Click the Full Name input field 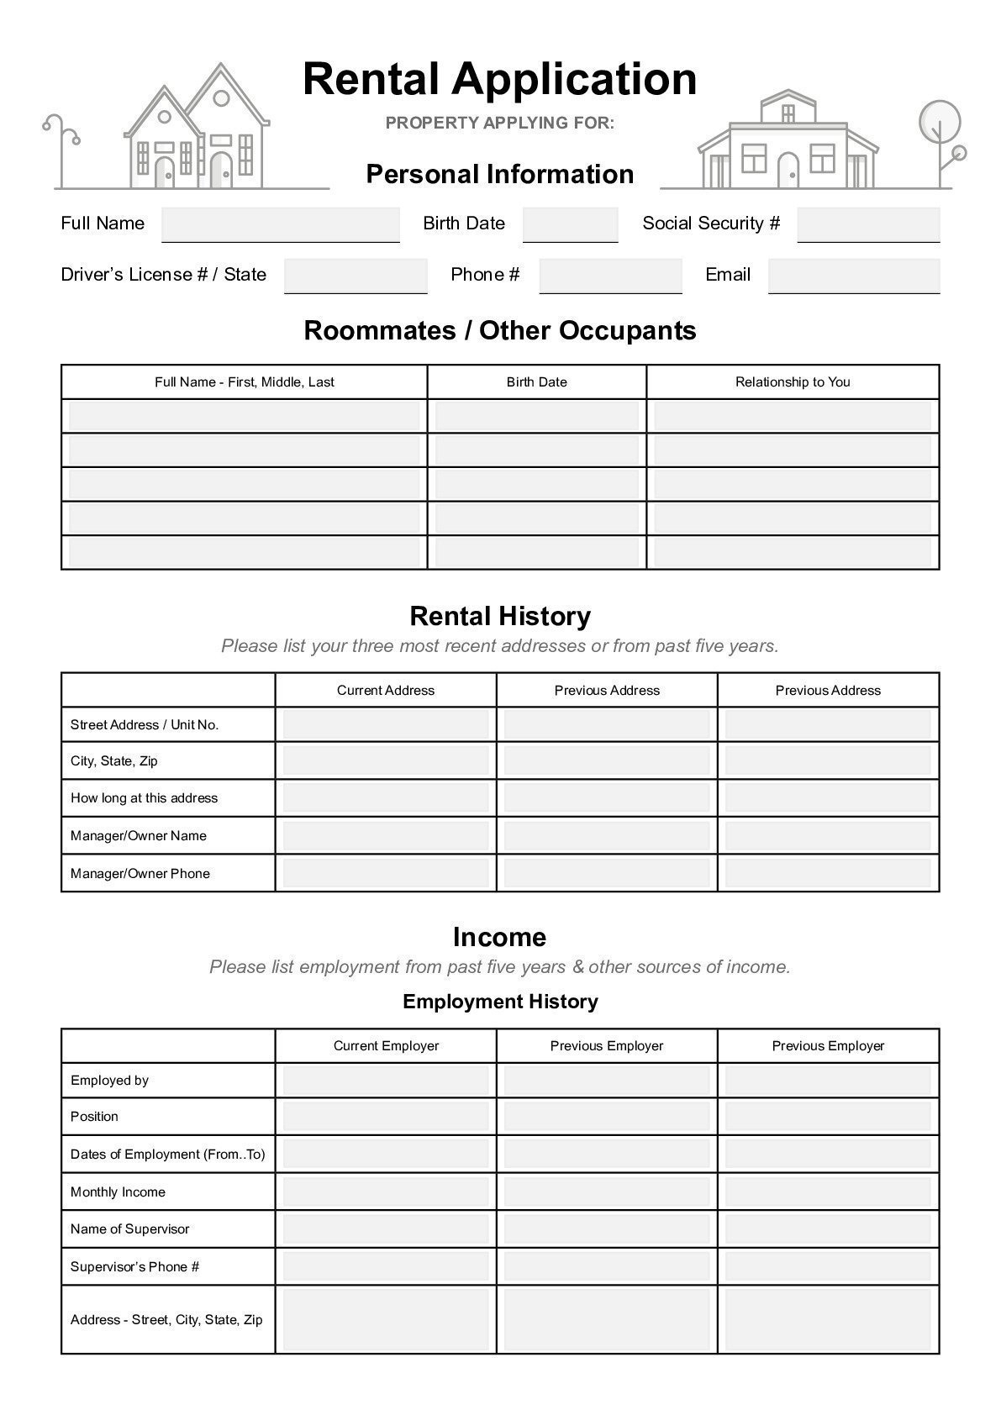coord(280,224)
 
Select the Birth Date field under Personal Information coord(570,224)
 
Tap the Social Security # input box coord(867,224)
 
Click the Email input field coord(853,276)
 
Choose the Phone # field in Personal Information coord(610,276)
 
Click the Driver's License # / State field coord(356,276)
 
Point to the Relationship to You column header coord(792,382)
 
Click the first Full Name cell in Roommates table coord(244,417)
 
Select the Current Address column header coord(385,691)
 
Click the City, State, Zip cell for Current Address coord(385,761)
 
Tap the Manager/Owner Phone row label coord(140,874)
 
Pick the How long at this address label coord(144,798)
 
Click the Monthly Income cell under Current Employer coord(385,1192)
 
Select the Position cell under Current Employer coord(385,1117)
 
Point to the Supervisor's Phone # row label coord(134,1267)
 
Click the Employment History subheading coord(500,1002)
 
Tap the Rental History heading coord(500,617)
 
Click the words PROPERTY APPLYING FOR coord(500,123)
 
